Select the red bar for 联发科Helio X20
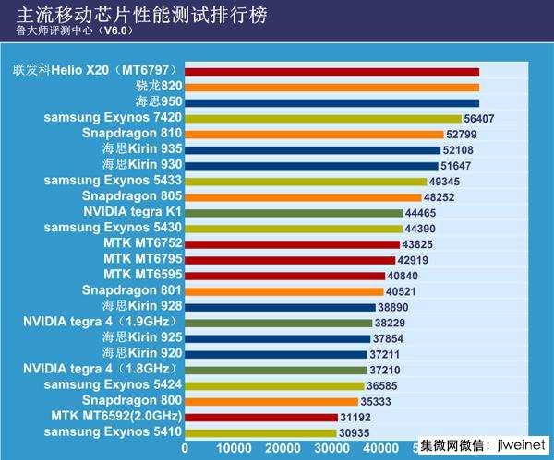click(x=331, y=71)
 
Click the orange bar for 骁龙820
click(x=331, y=87)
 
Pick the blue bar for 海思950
click(x=331, y=102)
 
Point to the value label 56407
click(x=481, y=119)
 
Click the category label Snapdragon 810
click(x=132, y=134)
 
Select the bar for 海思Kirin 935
click(x=312, y=149)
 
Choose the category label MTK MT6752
click(x=142, y=243)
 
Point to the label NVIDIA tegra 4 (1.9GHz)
click(x=102, y=323)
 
